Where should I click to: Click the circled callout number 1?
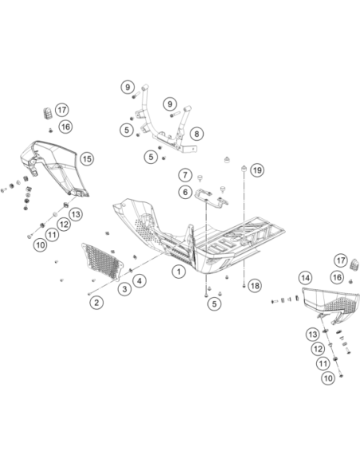(178, 272)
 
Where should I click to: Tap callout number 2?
(96, 303)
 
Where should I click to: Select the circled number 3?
(124, 289)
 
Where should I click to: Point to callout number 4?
(139, 280)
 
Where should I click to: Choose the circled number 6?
(186, 192)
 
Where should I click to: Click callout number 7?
(186, 174)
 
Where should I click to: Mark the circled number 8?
(197, 134)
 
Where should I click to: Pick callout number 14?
(305, 278)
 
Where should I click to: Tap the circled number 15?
(87, 159)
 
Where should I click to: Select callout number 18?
(255, 286)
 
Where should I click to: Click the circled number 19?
(257, 170)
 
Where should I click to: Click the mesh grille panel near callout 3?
(102, 262)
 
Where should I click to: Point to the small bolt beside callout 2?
(89, 294)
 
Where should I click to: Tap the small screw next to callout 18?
(244, 286)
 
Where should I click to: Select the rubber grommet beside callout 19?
(244, 168)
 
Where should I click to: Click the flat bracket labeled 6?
(211, 199)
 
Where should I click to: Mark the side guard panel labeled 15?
(55, 168)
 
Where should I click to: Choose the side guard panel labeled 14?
(331, 306)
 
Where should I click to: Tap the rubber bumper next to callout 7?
(201, 178)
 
